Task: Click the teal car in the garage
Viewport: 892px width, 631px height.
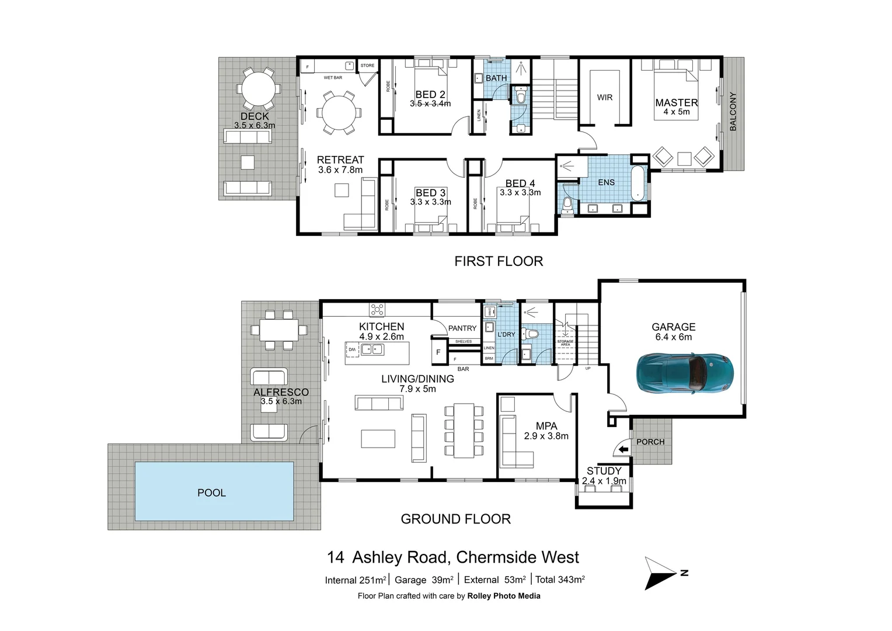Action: (x=684, y=373)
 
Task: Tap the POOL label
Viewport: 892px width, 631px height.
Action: (x=211, y=493)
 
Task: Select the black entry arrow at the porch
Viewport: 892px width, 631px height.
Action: (x=623, y=449)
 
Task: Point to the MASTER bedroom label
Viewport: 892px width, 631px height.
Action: (x=676, y=103)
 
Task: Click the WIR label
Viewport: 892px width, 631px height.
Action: (x=605, y=98)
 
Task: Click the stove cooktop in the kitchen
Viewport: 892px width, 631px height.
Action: (x=377, y=309)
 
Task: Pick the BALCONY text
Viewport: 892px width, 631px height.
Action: (x=733, y=112)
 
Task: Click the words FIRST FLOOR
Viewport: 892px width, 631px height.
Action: (x=499, y=261)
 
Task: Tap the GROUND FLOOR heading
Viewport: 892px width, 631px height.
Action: (x=455, y=519)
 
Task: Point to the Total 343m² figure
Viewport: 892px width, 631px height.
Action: (x=560, y=580)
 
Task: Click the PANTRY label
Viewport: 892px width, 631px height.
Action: (x=462, y=328)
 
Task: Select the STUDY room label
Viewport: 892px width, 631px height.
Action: (x=604, y=471)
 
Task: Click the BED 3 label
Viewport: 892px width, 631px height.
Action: (x=430, y=193)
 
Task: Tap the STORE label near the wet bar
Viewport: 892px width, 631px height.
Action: (x=367, y=65)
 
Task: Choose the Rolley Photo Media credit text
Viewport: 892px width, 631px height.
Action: (x=503, y=596)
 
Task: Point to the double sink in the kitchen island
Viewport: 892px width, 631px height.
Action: (x=372, y=349)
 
